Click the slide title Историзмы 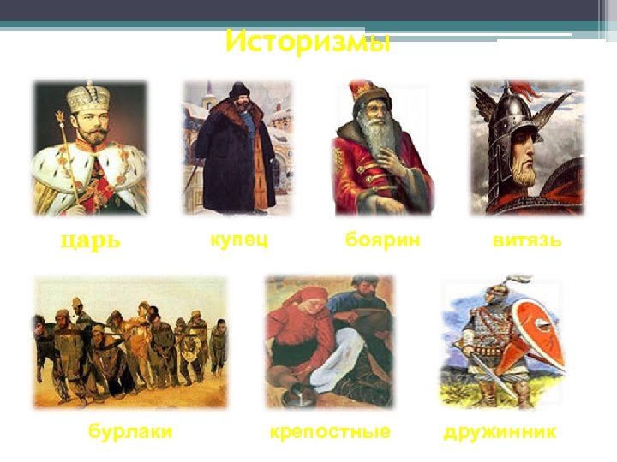coord(308,41)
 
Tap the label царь coord(91,240)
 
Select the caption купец coord(239,240)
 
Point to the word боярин coord(382,240)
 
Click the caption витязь coord(527,240)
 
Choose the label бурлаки coord(130,432)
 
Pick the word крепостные coord(330,432)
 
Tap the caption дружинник coord(500,432)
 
